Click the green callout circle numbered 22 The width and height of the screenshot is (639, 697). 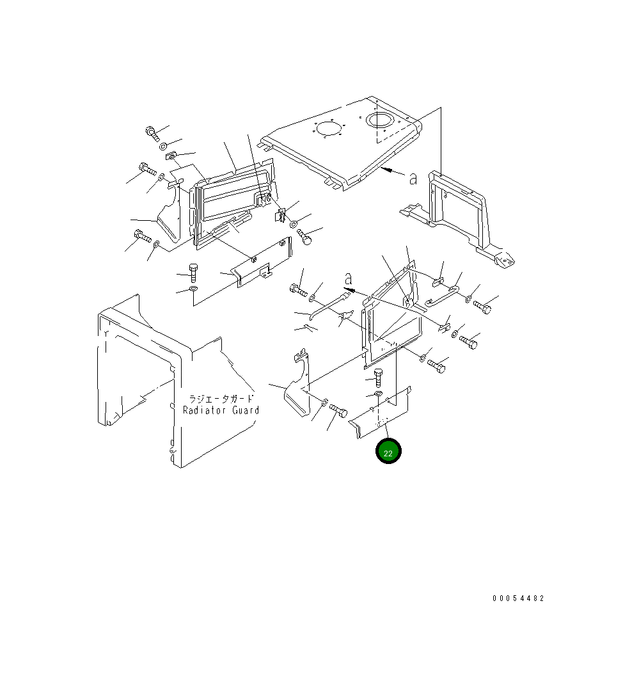(x=388, y=451)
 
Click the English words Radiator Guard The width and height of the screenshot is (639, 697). (x=221, y=410)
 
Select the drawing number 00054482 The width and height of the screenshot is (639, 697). (x=518, y=598)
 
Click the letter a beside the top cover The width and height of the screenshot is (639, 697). (x=413, y=179)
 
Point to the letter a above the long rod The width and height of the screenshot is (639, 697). (x=349, y=279)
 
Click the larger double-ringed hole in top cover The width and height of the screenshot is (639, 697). (x=382, y=120)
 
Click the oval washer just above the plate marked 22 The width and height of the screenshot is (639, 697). (x=378, y=393)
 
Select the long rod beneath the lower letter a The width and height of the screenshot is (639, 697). (x=329, y=303)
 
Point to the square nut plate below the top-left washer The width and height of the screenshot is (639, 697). (x=171, y=156)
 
